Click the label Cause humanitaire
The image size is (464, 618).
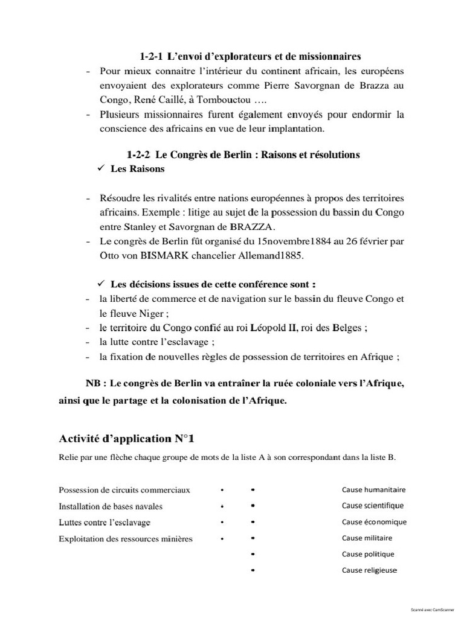(373, 489)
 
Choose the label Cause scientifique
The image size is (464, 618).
(372, 506)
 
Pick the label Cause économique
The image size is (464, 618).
(374, 522)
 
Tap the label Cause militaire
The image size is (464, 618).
(367, 538)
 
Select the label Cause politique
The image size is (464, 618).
(368, 554)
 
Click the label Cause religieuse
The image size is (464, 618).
(369, 570)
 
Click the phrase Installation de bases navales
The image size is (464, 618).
(111, 506)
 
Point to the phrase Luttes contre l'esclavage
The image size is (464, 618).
(105, 522)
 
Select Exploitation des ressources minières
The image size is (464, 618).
(126, 538)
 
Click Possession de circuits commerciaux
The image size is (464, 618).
(124, 490)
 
